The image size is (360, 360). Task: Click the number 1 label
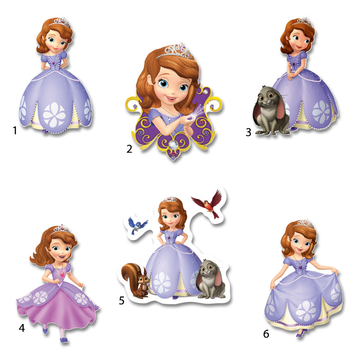15,130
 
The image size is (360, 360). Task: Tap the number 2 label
129,149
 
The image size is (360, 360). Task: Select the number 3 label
248,132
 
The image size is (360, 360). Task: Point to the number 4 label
22,328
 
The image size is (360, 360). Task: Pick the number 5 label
121,301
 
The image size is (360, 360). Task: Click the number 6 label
266,334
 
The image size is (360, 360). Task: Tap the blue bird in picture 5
137,225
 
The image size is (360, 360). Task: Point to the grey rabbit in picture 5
211,279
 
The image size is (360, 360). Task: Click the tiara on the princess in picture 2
175,51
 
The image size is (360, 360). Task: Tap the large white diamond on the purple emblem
173,144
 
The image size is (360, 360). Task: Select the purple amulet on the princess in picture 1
54,62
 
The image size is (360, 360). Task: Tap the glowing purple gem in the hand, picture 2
190,118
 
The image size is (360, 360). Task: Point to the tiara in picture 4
60,229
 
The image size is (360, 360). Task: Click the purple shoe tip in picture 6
298,335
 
